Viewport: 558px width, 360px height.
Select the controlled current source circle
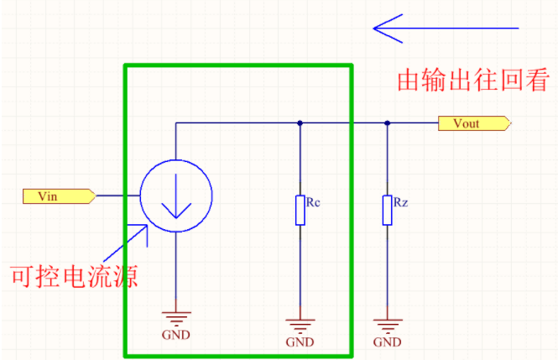(x=175, y=196)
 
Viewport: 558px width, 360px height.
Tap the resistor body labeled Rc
(x=300, y=211)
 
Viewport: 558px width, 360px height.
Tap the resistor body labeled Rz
(x=387, y=211)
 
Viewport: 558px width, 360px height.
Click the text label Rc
(x=313, y=202)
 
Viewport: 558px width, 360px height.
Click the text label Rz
(x=400, y=202)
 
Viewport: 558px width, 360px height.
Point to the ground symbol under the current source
(x=175, y=318)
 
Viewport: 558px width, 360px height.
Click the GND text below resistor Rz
(x=387, y=342)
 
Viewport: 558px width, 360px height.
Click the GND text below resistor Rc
(x=300, y=342)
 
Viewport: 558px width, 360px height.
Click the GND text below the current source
(x=175, y=335)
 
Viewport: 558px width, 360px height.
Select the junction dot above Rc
(x=300, y=123)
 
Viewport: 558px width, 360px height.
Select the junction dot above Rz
(x=387, y=123)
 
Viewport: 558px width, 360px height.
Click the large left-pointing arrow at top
(x=445, y=29)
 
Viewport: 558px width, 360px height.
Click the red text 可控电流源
(x=73, y=275)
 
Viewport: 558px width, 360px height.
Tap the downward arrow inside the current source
(x=175, y=198)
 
